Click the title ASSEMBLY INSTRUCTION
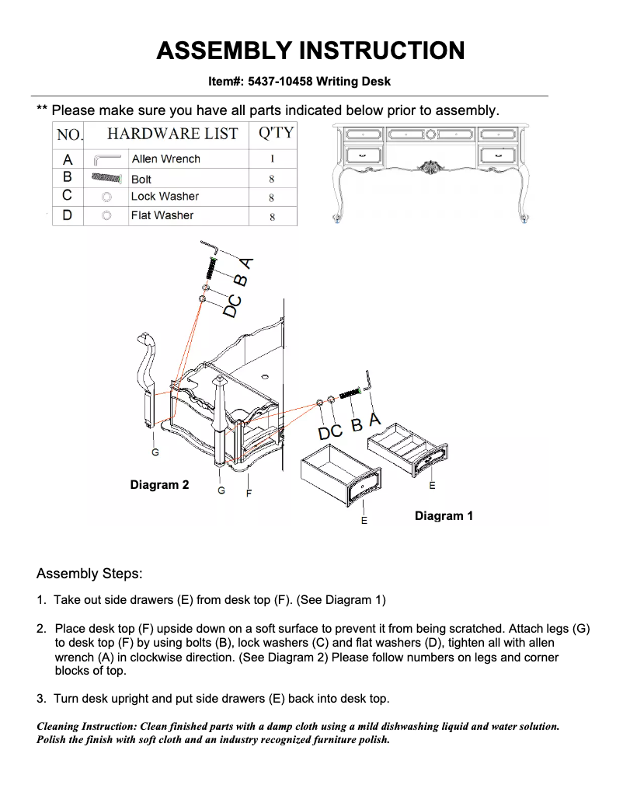click(x=311, y=51)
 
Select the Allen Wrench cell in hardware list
click(x=165, y=159)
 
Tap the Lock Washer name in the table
click(x=165, y=197)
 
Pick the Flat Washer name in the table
click(x=162, y=215)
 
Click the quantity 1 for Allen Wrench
click(x=272, y=159)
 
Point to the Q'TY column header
click(x=275, y=133)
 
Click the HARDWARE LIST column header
click(x=172, y=134)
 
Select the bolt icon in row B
click(x=106, y=178)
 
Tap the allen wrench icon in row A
click(x=106, y=159)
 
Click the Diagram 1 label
click(x=444, y=516)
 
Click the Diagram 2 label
click(x=159, y=485)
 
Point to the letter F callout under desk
click(x=249, y=493)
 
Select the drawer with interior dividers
click(x=405, y=450)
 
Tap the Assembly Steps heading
click(x=89, y=574)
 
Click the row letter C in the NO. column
click(x=68, y=197)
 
